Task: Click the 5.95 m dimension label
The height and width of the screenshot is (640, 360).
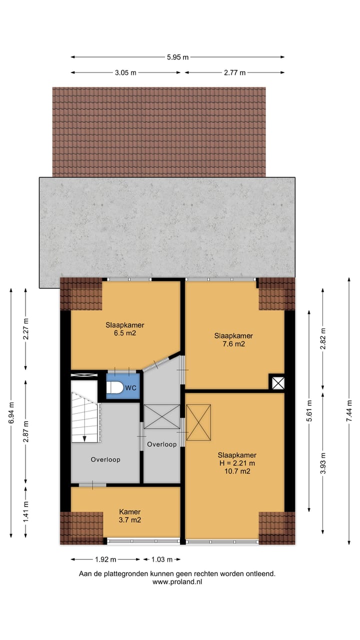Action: pyautogui.click(x=177, y=57)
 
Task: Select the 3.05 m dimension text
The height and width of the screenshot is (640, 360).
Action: pyautogui.click(x=125, y=72)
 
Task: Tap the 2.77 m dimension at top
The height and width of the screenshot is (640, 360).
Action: pyautogui.click(x=234, y=72)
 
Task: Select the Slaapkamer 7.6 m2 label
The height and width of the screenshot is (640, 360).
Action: pyautogui.click(x=233, y=339)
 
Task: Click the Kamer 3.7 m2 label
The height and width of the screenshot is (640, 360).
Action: pyautogui.click(x=129, y=516)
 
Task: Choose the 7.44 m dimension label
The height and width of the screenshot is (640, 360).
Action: pyautogui.click(x=349, y=413)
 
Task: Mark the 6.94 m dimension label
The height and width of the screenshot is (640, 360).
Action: pyautogui.click(x=11, y=413)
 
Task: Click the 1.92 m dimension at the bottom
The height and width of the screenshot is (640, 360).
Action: pyautogui.click(x=105, y=559)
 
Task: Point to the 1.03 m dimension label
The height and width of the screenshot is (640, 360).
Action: pyautogui.click(x=161, y=559)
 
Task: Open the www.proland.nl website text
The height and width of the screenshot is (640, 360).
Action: pyautogui.click(x=177, y=581)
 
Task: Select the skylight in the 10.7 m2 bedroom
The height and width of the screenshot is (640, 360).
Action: pyautogui.click(x=199, y=422)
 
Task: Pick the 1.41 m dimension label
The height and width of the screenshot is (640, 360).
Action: pyautogui.click(x=26, y=511)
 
